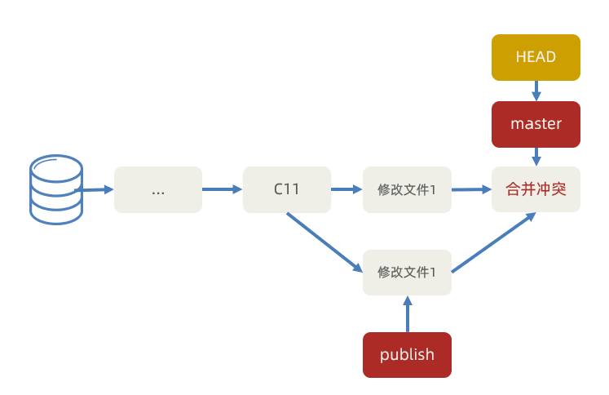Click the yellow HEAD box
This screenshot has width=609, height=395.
coord(536,57)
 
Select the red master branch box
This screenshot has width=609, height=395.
coord(536,124)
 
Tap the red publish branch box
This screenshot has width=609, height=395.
coord(407,355)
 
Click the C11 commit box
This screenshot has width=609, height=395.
coord(287,189)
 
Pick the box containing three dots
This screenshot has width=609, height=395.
coord(158,189)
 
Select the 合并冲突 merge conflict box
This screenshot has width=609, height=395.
coord(536,189)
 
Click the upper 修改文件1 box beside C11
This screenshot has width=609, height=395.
coord(407,189)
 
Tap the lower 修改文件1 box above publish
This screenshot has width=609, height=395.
coord(407,273)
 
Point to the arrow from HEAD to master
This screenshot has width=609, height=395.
coord(536,90)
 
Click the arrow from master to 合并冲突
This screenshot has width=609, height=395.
coord(536,157)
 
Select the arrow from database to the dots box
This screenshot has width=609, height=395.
coord(96,190)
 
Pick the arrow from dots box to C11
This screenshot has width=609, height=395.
coord(222,189)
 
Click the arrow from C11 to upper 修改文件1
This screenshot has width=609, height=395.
coord(346,189)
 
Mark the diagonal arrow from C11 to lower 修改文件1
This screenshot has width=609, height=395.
coord(324,242)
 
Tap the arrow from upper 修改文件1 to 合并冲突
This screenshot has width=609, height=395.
coord(472,189)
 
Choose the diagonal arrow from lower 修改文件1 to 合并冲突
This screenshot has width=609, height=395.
coord(493,242)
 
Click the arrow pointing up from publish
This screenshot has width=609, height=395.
coord(407,313)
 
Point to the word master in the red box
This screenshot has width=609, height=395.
coord(536,124)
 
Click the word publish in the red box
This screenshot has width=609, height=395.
coord(407,355)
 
